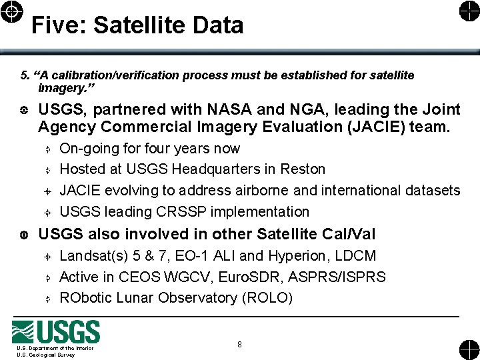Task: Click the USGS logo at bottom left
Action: point(56,332)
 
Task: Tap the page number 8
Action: point(239,345)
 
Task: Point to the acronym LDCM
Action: point(356,256)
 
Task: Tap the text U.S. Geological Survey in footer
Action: point(46,355)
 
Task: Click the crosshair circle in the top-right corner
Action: point(468,11)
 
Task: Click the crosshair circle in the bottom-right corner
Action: point(468,349)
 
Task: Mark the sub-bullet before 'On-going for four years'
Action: point(48,149)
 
